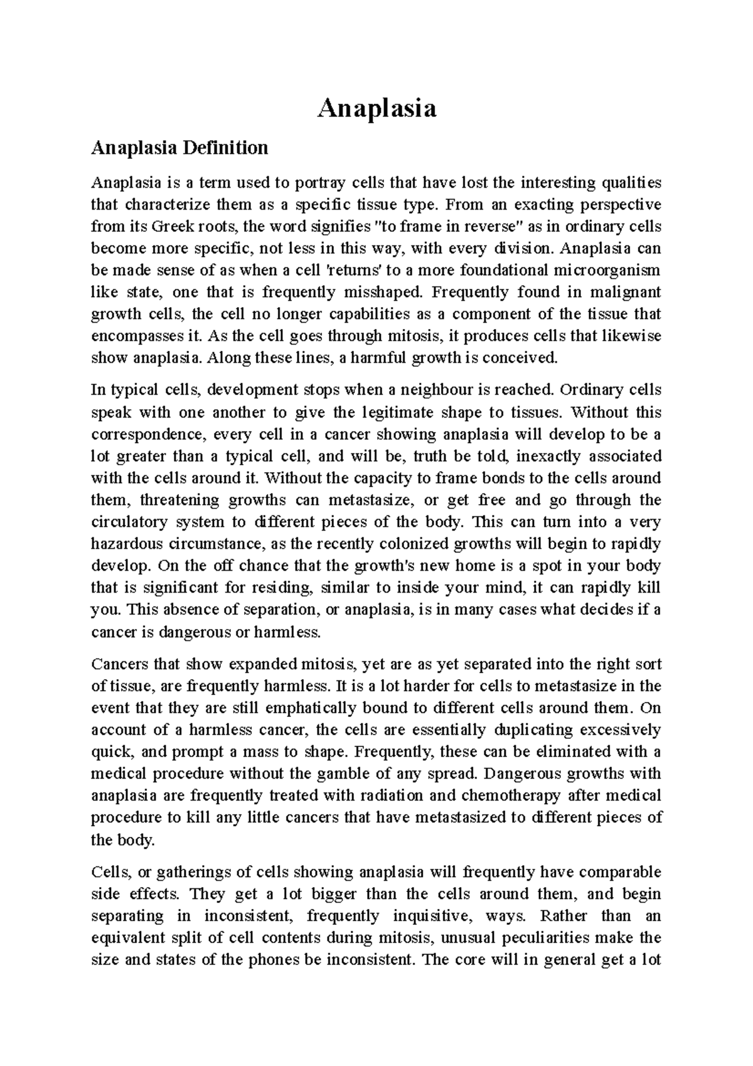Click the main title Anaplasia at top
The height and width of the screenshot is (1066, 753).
click(x=376, y=109)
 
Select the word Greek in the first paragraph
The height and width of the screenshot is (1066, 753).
click(x=159, y=227)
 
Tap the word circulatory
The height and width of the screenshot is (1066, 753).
click(x=129, y=522)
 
